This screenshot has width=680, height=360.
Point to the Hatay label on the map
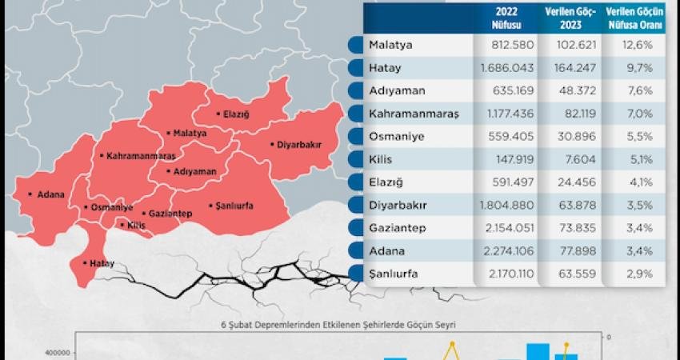point(100,263)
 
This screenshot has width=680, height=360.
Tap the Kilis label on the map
point(135,225)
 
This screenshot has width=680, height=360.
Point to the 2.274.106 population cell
point(507,251)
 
